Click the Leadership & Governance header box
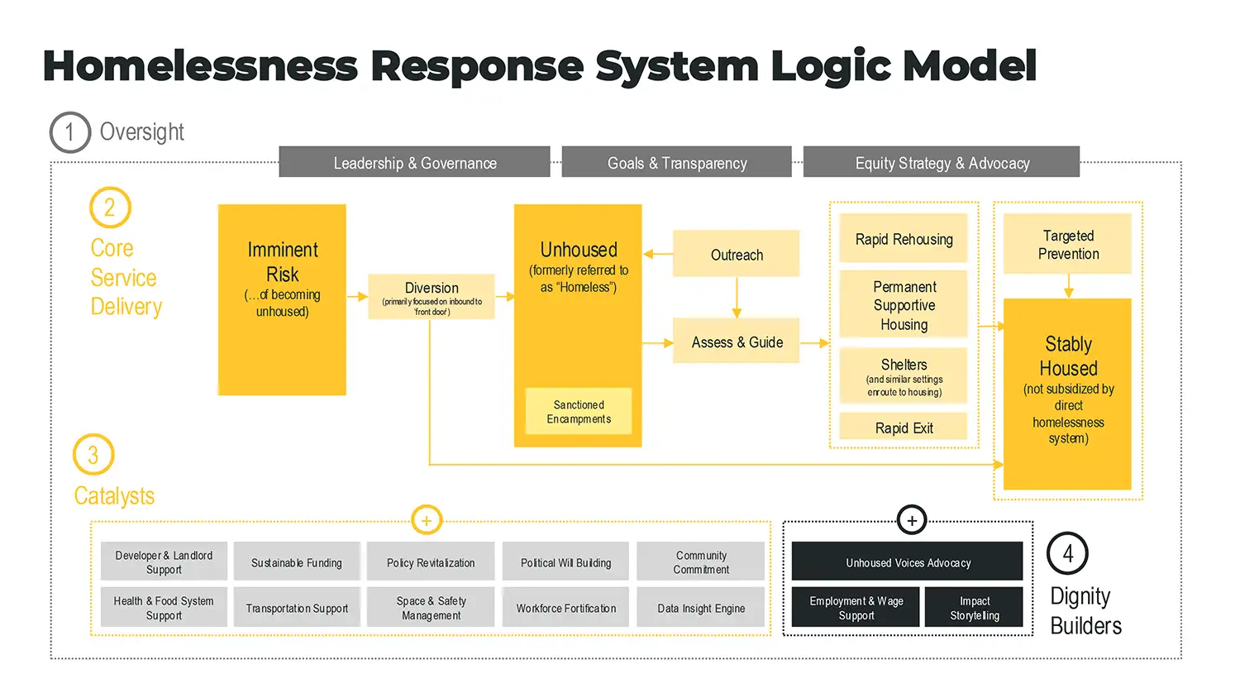tap(414, 162)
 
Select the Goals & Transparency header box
tap(676, 162)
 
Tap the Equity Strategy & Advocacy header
tap(942, 162)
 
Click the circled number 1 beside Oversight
tap(69, 132)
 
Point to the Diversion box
tap(432, 296)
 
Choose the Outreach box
tap(737, 254)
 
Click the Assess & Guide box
tap(737, 341)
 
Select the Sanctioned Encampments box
tap(579, 412)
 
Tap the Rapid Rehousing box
tap(904, 239)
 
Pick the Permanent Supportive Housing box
tap(904, 304)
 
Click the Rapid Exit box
tap(904, 427)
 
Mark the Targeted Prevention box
tap(1067, 244)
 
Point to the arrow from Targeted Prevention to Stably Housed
tap(1068, 286)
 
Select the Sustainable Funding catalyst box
tap(297, 562)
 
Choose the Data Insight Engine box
tap(701, 607)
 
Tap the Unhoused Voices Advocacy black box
tap(908, 562)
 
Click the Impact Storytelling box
tap(974, 607)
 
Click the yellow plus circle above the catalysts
tap(427, 520)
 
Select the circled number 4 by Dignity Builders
tap(1067, 553)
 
